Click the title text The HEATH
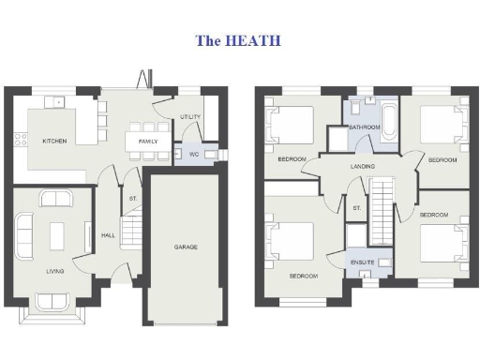237,41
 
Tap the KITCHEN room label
55,142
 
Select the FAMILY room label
148,142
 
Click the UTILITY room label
190,116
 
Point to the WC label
192,155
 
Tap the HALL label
108,235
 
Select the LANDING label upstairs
362,167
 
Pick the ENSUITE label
363,262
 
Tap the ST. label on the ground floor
133,200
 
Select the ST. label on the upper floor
357,208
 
